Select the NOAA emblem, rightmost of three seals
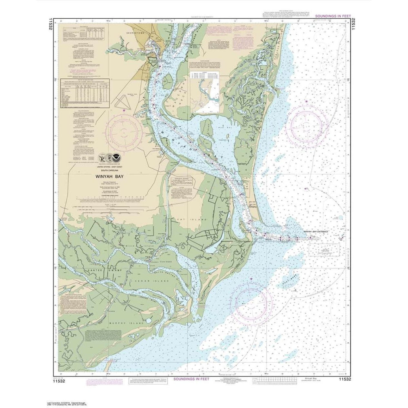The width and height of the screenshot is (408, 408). click(x=117, y=156)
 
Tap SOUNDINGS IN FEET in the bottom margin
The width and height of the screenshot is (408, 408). click(x=191, y=379)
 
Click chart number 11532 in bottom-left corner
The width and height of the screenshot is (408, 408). click(x=62, y=379)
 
